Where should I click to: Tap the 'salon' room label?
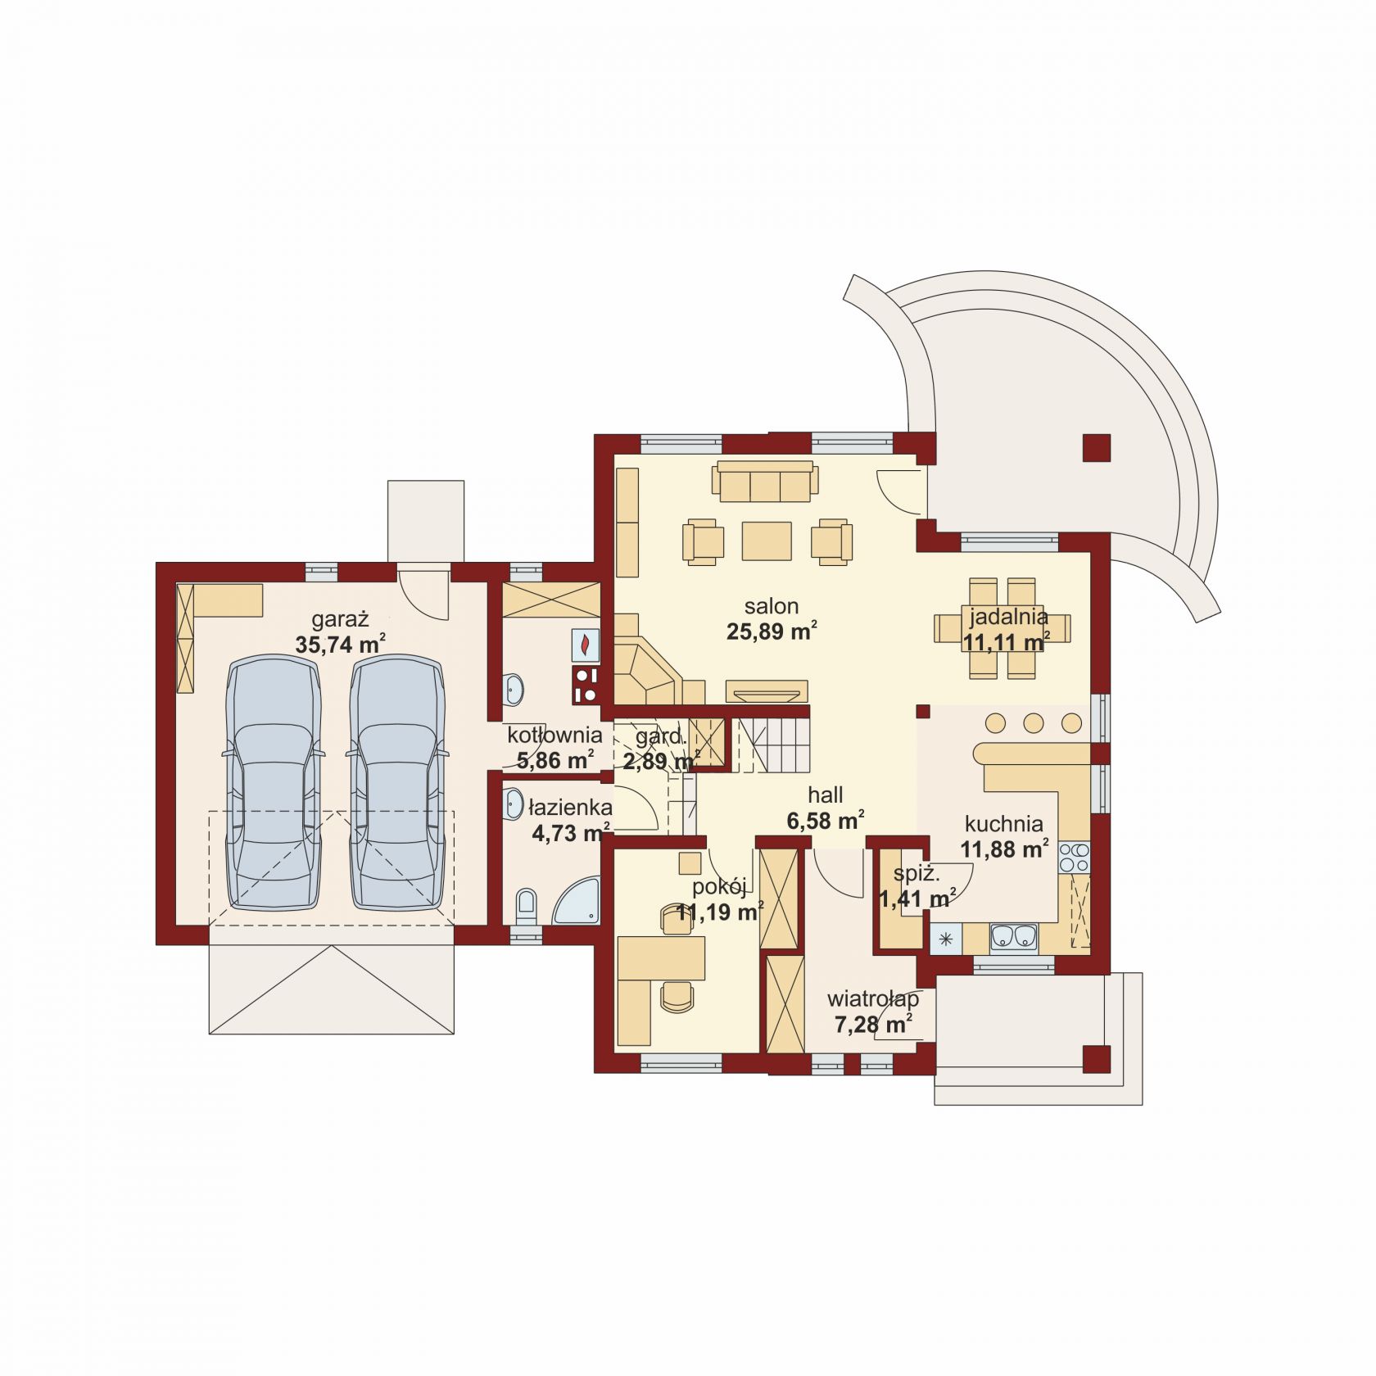771,606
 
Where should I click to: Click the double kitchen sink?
1013,935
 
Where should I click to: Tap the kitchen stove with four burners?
1074,857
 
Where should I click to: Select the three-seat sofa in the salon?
765,481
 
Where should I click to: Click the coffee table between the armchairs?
767,541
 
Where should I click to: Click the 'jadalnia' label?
1008,617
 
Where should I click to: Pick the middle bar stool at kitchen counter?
1034,723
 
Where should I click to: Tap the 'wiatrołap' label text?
872,998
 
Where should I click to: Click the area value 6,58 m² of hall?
825,820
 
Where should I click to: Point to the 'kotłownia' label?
554,735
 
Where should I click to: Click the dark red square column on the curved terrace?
1096,448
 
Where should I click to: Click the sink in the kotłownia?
514,689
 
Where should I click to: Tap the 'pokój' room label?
718,886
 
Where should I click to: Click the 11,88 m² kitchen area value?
1004,849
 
